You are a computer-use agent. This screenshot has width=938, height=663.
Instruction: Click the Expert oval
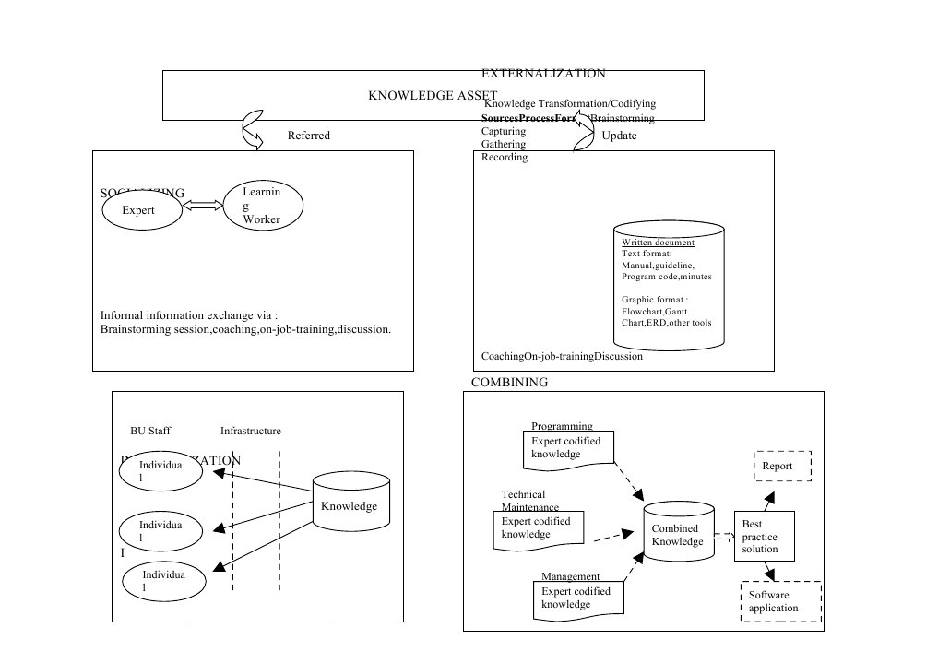pyautogui.click(x=139, y=210)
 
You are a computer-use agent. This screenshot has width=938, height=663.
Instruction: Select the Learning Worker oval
pyautogui.click(x=262, y=205)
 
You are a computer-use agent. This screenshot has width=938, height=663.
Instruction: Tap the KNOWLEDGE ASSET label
pyautogui.click(x=433, y=96)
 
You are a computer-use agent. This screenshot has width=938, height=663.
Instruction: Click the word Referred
pyautogui.click(x=308, y=136)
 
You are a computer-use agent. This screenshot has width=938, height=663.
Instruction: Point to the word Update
pyautogui.click(x=619, y=136)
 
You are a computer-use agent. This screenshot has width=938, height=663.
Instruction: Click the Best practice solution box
pyautogui.click(x=763, y=536)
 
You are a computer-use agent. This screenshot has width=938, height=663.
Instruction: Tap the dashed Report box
pyautogui.click(x=782, y=466)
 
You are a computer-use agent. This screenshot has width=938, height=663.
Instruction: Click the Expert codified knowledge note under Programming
pyautogui.click(x=569, y=448)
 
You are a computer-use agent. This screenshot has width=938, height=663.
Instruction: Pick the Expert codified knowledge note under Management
pyautogui.click(x=579, y=598)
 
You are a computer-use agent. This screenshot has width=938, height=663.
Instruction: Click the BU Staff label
pyautogui.click(x=150, y=431)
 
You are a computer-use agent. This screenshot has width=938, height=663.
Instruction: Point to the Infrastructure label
pyautogui.click(x=251, y=431)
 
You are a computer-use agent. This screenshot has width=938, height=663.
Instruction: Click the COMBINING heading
pyautogui.click(x=509, y=382)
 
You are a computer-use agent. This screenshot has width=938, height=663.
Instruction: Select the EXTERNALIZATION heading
pyautogui.click(x=543, y=73)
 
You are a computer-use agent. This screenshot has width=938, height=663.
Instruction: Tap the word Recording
pyautogui.click(x=505, y=158)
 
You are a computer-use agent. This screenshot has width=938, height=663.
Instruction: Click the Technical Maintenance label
pyautogui.click(x=530, y=501)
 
